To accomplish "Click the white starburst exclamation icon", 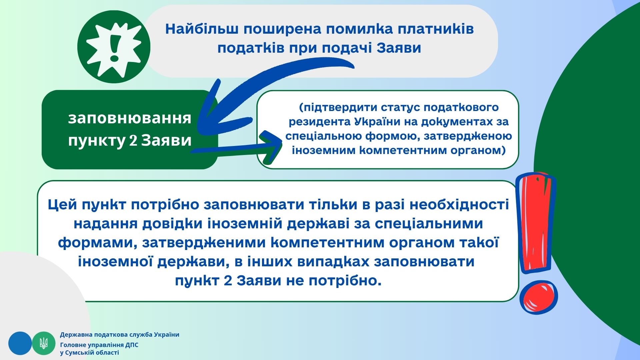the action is (x=114, y=47).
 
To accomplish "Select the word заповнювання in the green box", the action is (x=130, y=118).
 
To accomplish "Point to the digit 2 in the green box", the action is (x=133, y=140).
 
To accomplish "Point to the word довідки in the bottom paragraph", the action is (x=172, y=224).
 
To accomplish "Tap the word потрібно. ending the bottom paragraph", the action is (x=345, y=281).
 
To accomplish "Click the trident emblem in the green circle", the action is (x=44, y=343).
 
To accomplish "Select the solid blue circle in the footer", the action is (x=20, y=343).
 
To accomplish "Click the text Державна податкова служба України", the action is (x=120, y=335).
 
